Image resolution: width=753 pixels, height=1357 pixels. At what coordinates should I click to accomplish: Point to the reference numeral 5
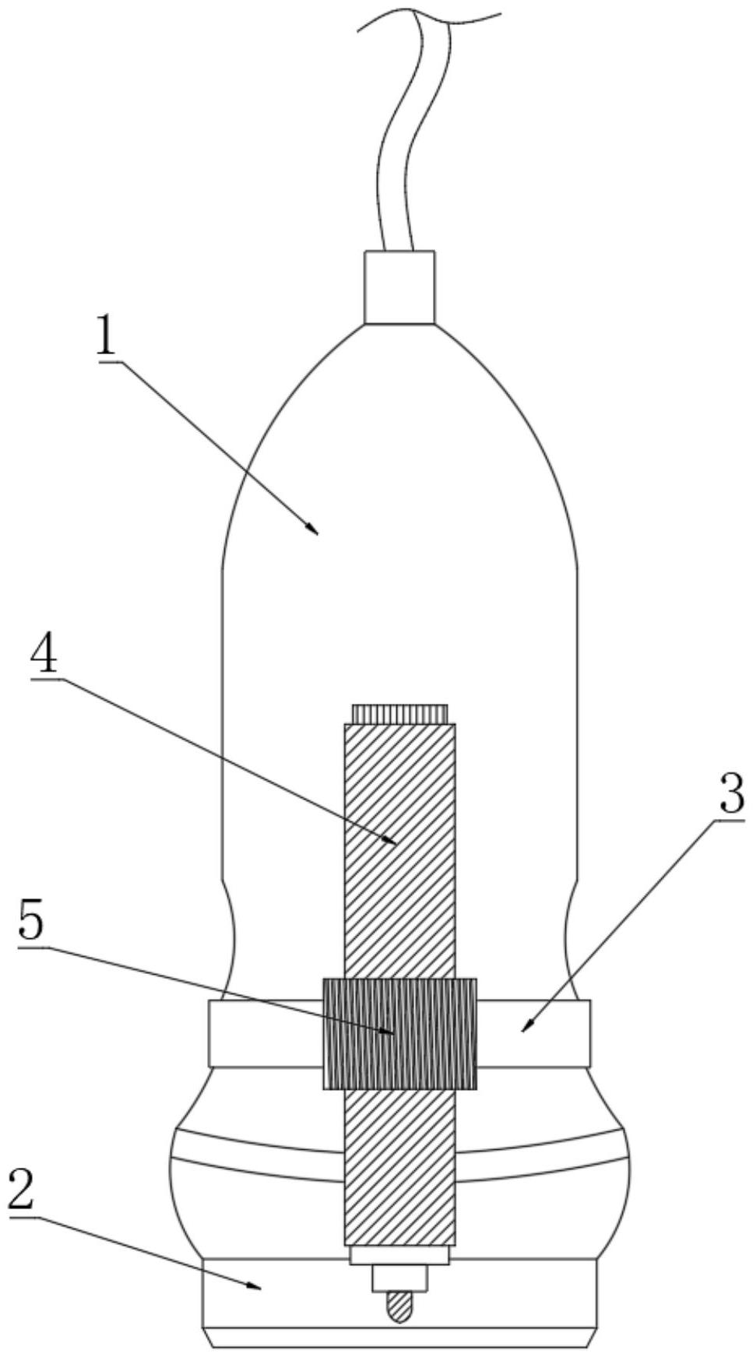click(x=31, y=926)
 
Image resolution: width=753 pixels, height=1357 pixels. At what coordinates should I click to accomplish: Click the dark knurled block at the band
click(x=399, y=1033)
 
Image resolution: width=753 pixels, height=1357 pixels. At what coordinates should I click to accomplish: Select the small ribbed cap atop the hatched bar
click(x=399, y=713)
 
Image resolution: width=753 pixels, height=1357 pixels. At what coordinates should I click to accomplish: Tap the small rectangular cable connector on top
click(x=399, y=287)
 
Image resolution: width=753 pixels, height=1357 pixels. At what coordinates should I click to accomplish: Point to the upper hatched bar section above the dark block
click(x=399, y=849)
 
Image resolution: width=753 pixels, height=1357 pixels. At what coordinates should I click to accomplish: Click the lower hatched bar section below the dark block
click(x=399, y=1168)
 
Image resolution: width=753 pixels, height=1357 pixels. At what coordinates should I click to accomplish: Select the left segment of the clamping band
click(x=265, y=1033)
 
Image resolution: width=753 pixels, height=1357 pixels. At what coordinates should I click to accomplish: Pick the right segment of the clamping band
click(x=533, y=1033)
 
